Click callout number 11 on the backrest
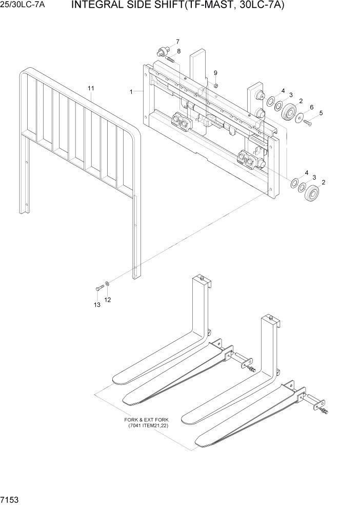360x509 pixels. point(91,89)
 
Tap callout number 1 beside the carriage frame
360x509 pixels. point(132,92)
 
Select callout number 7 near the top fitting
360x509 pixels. point(177,42)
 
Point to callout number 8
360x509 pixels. point(178,51)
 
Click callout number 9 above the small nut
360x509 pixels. point(215,73)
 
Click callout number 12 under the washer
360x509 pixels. point(108,299)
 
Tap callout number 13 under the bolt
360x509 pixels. point(96,305)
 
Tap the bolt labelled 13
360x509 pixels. point(98,288)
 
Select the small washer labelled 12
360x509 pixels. point(107,283)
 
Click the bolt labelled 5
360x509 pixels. point(308,122)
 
